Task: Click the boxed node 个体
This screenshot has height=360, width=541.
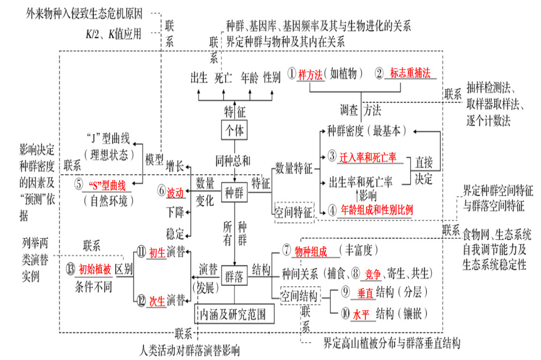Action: [234, 130]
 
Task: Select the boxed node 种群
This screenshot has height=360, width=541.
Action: [234, 193]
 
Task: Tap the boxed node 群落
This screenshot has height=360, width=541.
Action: [234, 276]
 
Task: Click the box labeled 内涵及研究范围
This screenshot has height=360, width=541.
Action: [234, 314]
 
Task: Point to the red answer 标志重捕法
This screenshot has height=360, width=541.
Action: [410, 73]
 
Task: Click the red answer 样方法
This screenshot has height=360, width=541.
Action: [310, 74]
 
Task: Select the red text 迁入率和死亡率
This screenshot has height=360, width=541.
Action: [368, 157]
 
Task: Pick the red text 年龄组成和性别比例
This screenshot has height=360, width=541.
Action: [377, 210]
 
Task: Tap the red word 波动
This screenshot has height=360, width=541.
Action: [175, 193]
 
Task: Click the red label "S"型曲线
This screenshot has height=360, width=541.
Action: [107, 186]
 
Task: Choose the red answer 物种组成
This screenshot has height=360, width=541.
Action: [311, 251]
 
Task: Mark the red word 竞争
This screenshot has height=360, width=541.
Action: [373, 275]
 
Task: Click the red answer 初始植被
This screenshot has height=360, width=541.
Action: [95, 269]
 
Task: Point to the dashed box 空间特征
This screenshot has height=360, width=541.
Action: [294, 213]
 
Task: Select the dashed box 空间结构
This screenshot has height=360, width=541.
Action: [300, 295]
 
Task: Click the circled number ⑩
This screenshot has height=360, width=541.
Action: [345, 313]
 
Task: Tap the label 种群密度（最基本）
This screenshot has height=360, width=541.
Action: [367, 131]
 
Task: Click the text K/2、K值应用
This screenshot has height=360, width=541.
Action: [113, 34]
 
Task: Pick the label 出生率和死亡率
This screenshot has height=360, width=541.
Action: [361, 182]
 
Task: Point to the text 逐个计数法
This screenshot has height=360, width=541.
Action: [488, 121]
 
